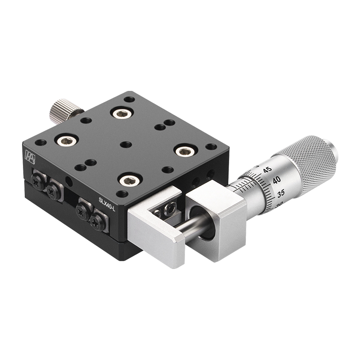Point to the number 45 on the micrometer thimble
[267, 170]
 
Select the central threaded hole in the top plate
[126, 144]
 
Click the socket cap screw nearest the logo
[64, 140]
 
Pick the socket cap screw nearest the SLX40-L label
[130, 180]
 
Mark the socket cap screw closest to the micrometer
[184, 151]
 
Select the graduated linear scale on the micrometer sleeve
[245, 185]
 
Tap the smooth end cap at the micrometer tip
[332, 152]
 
